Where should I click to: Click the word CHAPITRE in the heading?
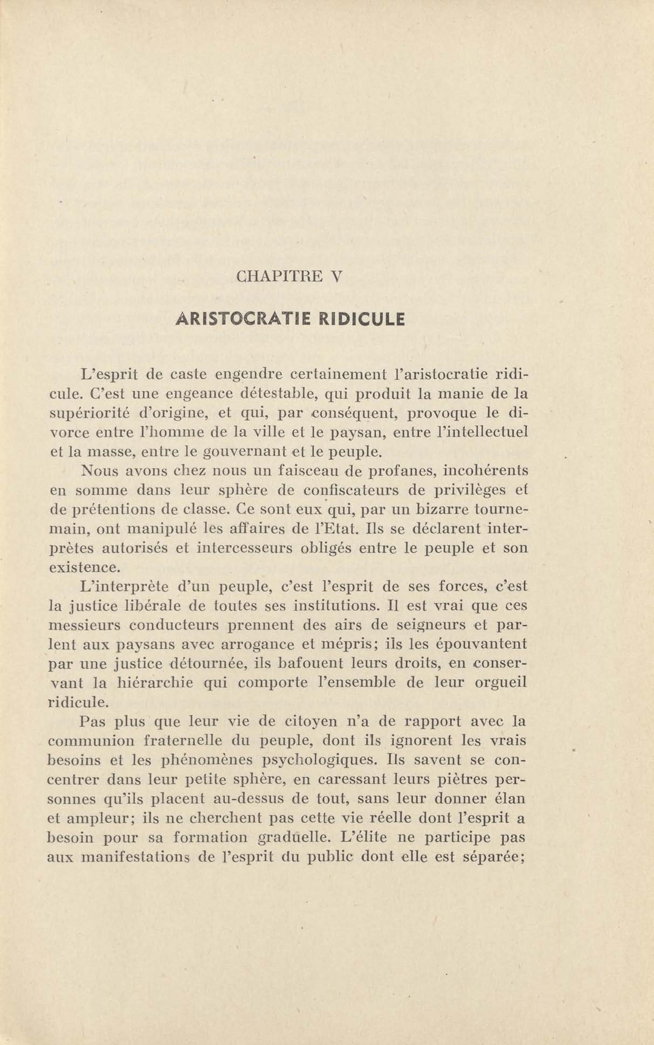coord(280,276)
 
